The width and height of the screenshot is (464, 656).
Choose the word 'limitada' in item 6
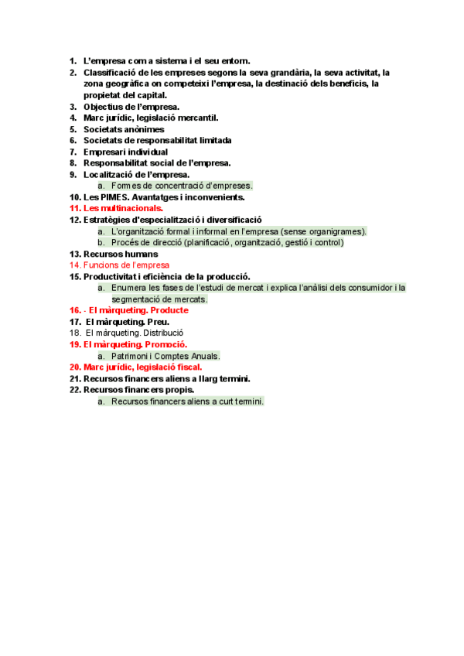click(213, 141)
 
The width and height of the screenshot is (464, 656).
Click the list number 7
click(73, 152)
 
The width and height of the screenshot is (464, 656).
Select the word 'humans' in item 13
click(139, 254)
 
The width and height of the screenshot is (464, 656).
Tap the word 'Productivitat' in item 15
click(113, 276)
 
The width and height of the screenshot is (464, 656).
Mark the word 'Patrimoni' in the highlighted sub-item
click(129, 356)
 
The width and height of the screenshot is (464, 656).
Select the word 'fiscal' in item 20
click(187, 367)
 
